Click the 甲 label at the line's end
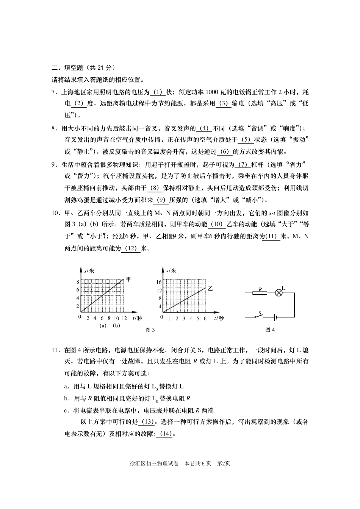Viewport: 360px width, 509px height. click(128, 279)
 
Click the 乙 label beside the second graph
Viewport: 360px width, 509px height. click(210, 289)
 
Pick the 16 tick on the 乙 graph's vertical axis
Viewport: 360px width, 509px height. click(159, 282)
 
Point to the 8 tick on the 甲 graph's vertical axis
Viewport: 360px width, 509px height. click(78, 282)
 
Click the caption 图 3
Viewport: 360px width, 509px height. click(150, 330)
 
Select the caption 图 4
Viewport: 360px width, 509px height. click(270, 330)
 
